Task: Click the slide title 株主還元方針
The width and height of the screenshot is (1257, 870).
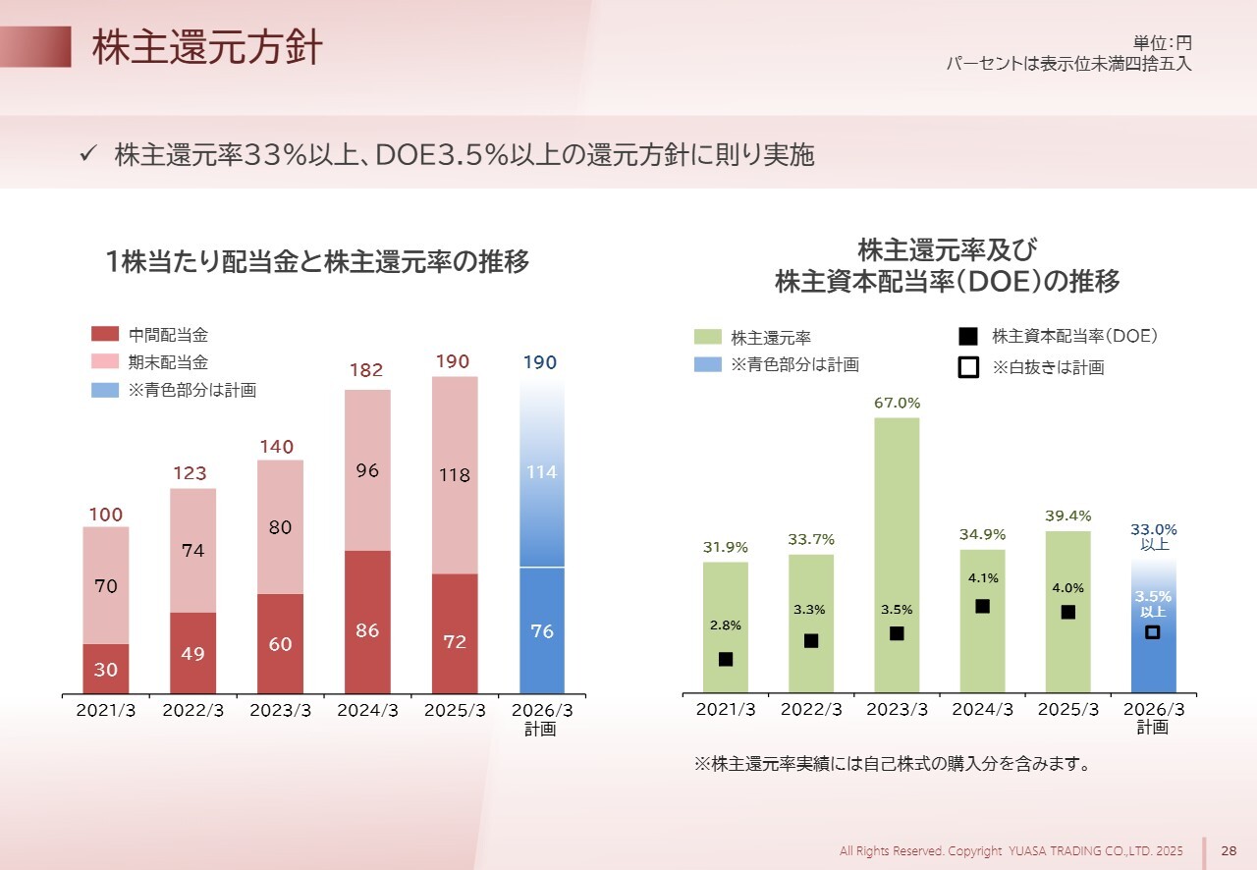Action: point(207,47)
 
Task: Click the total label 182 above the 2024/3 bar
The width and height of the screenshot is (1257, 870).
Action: point(366,370)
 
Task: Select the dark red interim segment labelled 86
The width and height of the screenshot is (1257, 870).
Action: point(367,623)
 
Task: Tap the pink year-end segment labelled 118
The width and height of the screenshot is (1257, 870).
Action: point(454,475)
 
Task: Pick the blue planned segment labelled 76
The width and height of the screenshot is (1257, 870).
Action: point(542,631)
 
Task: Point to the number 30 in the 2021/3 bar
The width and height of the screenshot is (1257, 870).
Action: point(106,669)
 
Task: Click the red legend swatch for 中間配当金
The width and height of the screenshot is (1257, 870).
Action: point(104,335)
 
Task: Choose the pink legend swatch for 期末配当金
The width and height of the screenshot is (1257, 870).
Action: point(104,362)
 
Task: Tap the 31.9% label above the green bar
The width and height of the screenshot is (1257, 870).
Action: point(725,547)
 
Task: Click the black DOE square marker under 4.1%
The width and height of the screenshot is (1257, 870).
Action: point(982,607)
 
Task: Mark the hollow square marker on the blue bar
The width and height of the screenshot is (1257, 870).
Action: point(1153,632)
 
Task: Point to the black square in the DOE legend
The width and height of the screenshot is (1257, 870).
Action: point(967,337)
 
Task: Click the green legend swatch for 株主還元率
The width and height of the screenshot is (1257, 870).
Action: point(707,337)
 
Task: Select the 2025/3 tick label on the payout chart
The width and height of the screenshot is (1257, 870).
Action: point(1067,709)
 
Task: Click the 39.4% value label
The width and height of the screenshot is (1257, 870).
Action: point(1067,516)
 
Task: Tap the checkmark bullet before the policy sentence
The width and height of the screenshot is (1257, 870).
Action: point(86,154)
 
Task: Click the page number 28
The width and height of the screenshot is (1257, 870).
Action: point(1229,850)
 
